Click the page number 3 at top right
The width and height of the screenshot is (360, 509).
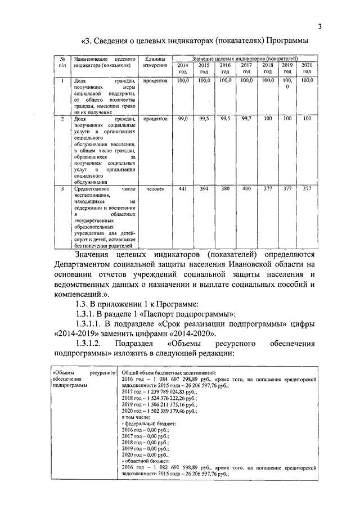point(319,26)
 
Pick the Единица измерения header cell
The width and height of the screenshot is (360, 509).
point(154,62)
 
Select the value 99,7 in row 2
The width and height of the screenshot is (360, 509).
point(246,119)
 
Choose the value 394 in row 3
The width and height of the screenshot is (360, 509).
point(204,189)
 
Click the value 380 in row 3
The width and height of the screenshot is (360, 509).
point(225,189)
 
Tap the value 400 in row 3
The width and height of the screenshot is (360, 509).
point(246,189)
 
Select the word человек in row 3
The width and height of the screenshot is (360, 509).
point(154,189)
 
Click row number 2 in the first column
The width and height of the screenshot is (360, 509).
point(61,119)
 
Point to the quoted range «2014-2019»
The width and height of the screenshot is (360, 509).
point(76,333)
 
